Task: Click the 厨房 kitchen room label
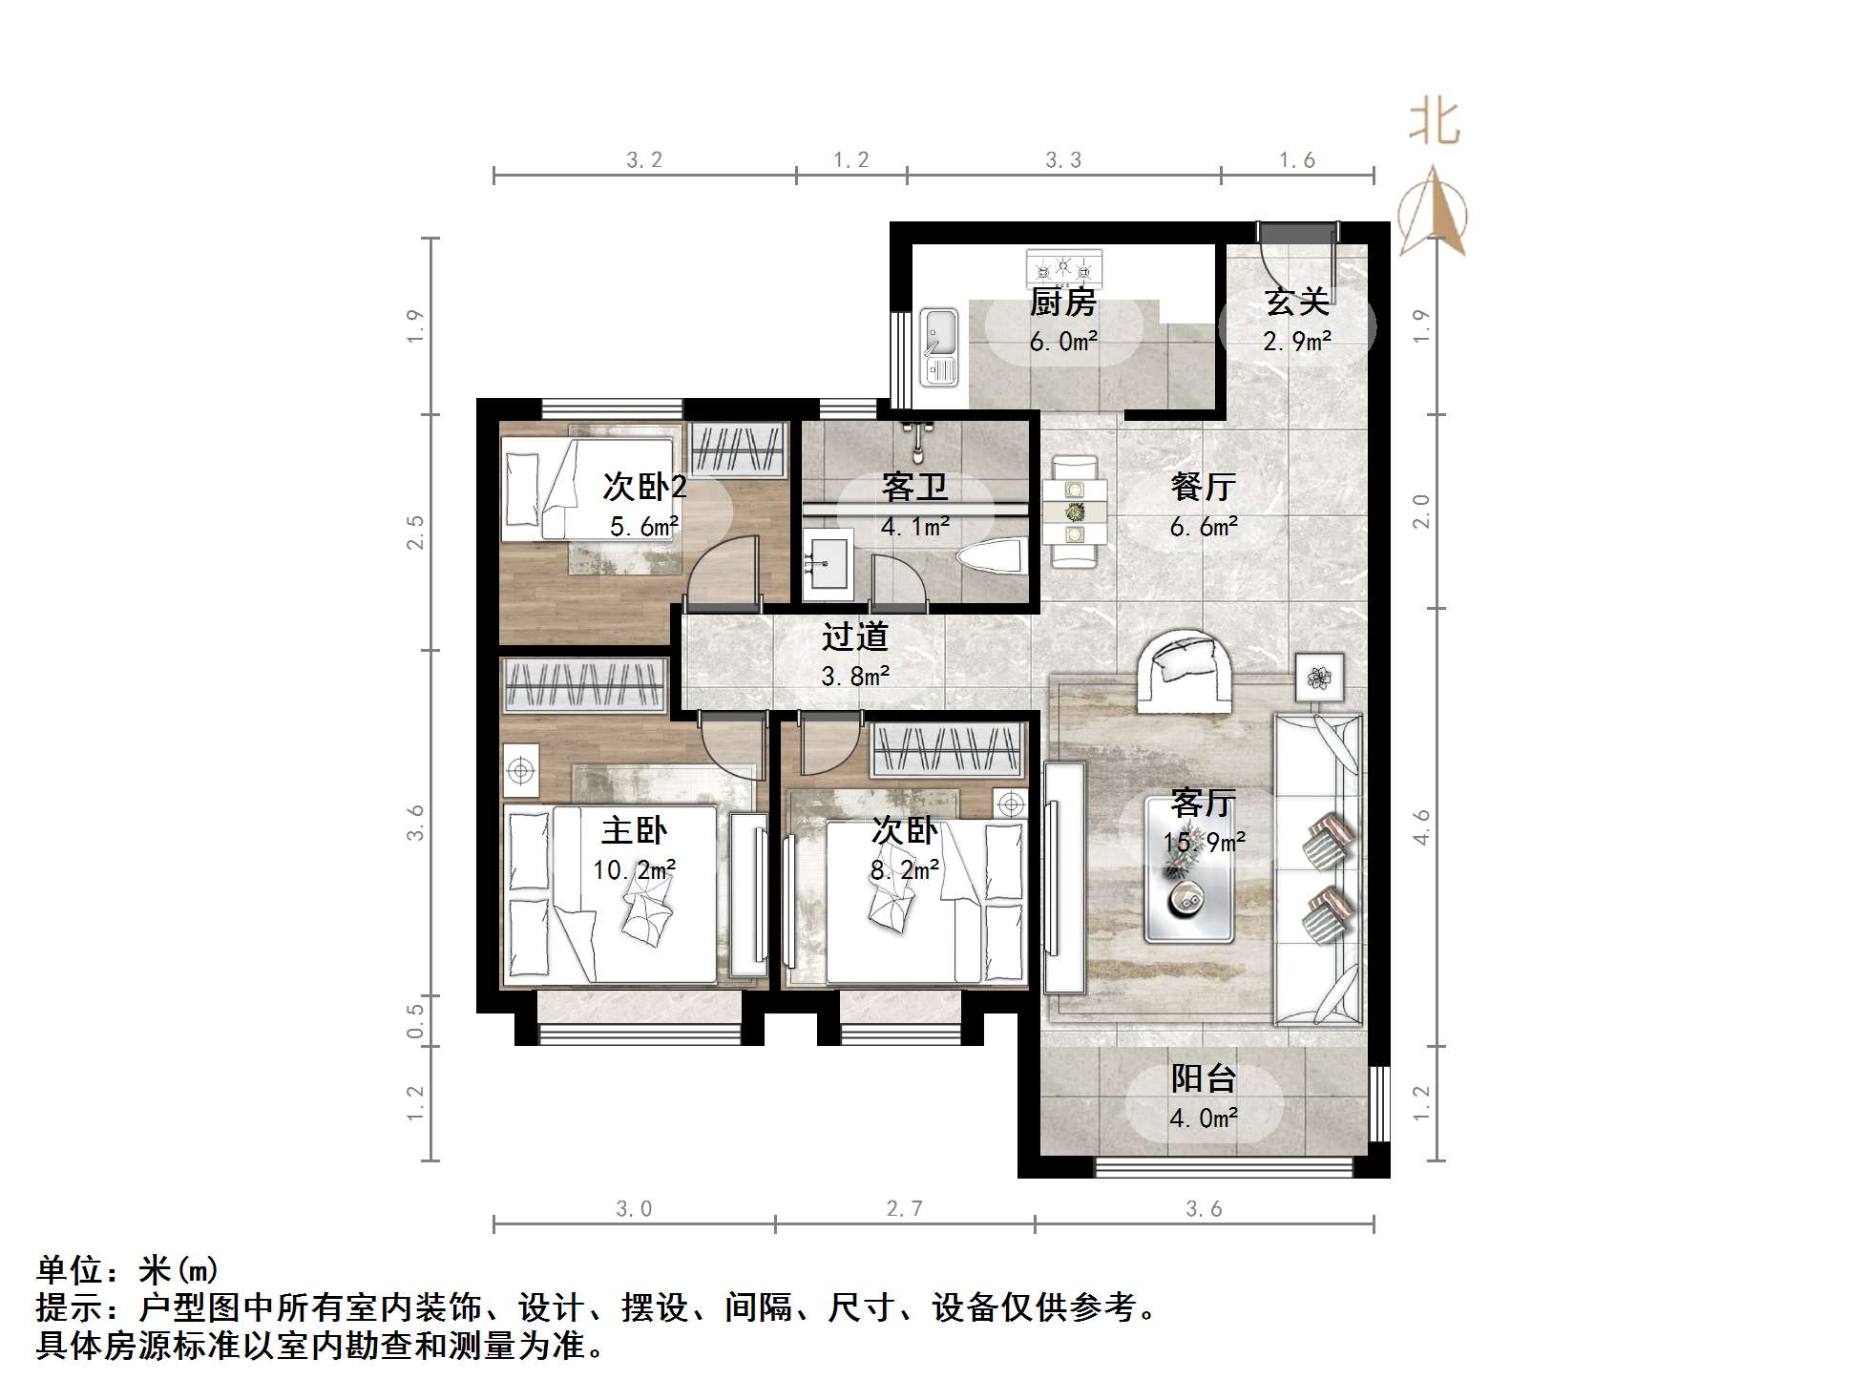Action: [x=1062, y=303]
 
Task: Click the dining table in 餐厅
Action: [x=1075, y=512]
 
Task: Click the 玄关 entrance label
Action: [x=1296, y=303]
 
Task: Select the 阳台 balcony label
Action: [x=1204, y=1078]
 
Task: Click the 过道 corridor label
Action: [x=854, y=637]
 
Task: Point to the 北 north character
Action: [x=1434, y=123]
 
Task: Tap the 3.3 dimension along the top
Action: [x=1062, y=160]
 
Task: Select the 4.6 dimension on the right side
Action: [x=1421, y=826]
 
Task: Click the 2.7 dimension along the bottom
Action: [x=904, y=1209]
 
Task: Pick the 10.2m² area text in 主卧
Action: [x=634, y=870]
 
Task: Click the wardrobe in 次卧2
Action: [x=738, y=449]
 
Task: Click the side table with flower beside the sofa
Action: [x=1319, y=678]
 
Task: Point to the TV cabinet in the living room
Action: [x=1063, y=877]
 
